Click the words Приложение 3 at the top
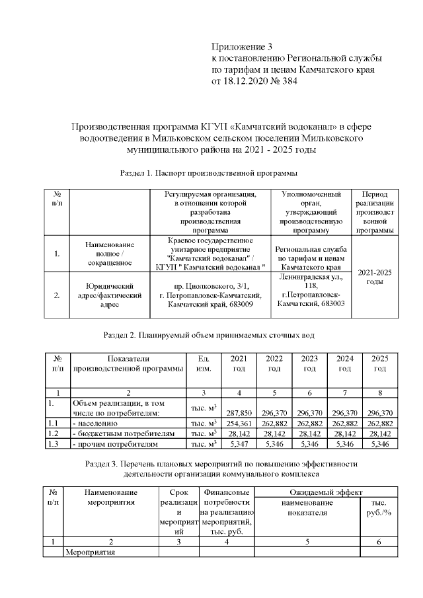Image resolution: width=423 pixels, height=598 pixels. (242, 47)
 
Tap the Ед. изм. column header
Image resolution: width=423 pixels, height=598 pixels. (204, 363)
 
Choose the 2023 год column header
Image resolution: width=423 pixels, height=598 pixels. (309, 363)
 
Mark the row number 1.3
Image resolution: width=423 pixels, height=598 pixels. (54, 445)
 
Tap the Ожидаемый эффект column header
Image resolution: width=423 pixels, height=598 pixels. (324, 492)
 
